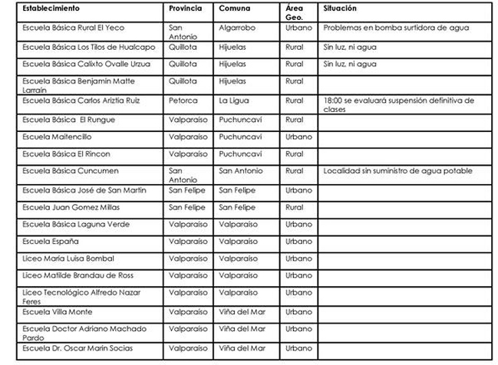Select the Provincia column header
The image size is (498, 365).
[186, 8]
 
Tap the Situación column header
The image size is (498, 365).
[341, 8]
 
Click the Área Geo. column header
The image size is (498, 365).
[295, 12]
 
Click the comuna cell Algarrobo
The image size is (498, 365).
[238, 28]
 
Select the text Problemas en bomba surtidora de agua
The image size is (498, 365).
[397, 28]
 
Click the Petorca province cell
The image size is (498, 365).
[183, 100]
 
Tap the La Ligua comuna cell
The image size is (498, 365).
[234, 100]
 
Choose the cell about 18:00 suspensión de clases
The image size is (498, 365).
[398, 104]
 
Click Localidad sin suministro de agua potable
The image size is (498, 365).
[397, 171]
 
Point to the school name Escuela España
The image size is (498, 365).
[51, 242]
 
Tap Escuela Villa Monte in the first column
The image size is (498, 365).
[58, 312]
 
